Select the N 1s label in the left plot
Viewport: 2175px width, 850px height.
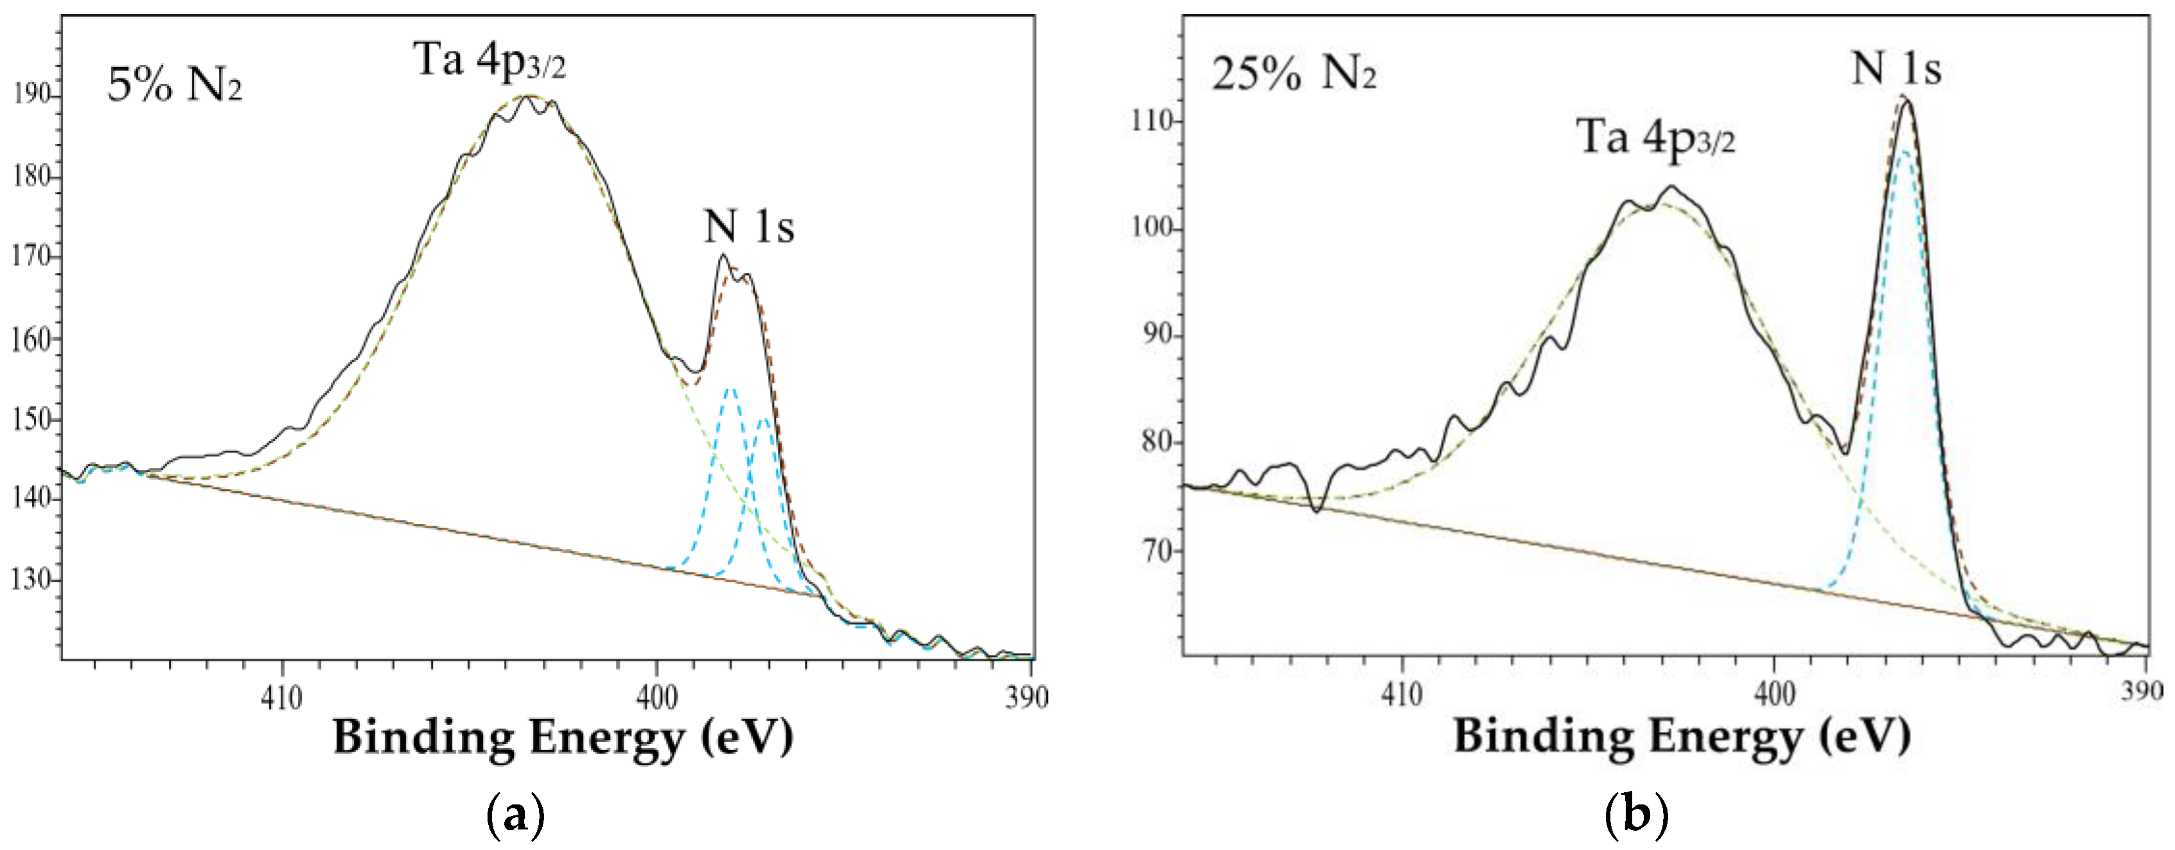tap(749, 226)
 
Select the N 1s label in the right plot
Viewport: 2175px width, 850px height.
tap(1896, 67)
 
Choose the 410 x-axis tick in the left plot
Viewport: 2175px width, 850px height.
tap(282, 698)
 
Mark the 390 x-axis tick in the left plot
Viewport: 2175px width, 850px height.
tap(1026, 698)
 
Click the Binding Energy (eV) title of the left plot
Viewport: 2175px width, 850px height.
tap(563, 737)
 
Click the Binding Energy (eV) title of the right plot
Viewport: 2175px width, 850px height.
tap(1681, 735)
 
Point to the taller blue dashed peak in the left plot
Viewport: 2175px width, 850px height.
tap(730, 390)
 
